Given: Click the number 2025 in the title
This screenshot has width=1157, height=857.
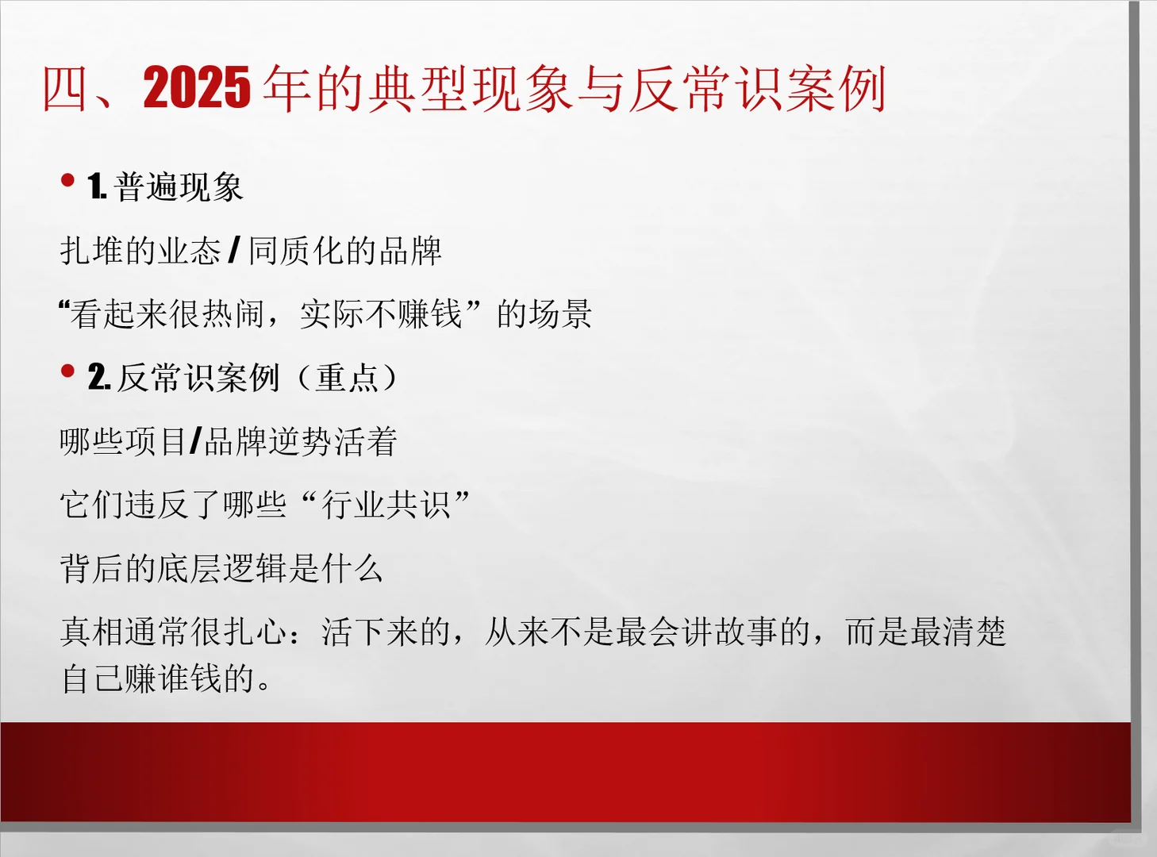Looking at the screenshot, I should [197, 87].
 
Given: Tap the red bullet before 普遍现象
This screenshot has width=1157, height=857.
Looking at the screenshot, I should [67, 180].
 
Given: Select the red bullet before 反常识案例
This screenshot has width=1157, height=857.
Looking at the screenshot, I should [67, 371].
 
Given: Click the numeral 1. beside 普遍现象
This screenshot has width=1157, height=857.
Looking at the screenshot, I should [97, 187].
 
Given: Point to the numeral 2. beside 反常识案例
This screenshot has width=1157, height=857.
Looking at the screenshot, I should [98, 378].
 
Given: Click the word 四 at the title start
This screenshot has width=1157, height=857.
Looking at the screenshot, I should [65, 89].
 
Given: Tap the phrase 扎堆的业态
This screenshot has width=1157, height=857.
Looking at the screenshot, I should [140, 251].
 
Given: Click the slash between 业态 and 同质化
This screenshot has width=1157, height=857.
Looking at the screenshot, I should [234, 251].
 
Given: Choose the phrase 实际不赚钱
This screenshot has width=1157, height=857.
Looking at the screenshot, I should [381, 314].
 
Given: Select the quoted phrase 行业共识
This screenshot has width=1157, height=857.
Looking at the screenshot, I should [386, 505].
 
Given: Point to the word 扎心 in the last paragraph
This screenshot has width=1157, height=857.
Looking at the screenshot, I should [256, 632].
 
